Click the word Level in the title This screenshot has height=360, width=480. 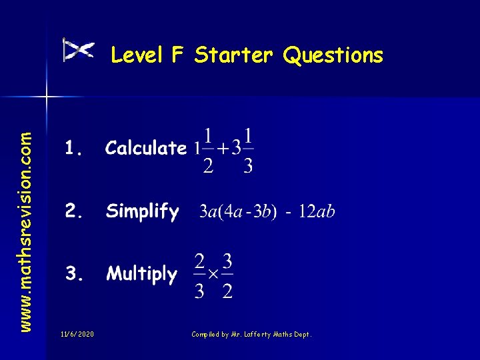(x=137, y=55)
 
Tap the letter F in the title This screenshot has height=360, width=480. (x=177, y=55)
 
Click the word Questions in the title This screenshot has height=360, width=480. (x=333, y=55)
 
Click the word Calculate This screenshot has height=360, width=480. (x=146, y=148)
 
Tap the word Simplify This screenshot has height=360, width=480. (x=142, y=212)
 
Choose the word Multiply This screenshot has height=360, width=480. (x=142, y=274)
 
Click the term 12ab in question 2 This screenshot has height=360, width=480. (x=317, y=212)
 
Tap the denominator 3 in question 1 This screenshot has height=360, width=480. (x=248, y=165)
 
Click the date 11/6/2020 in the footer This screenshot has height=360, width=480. (x=77, y=333)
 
